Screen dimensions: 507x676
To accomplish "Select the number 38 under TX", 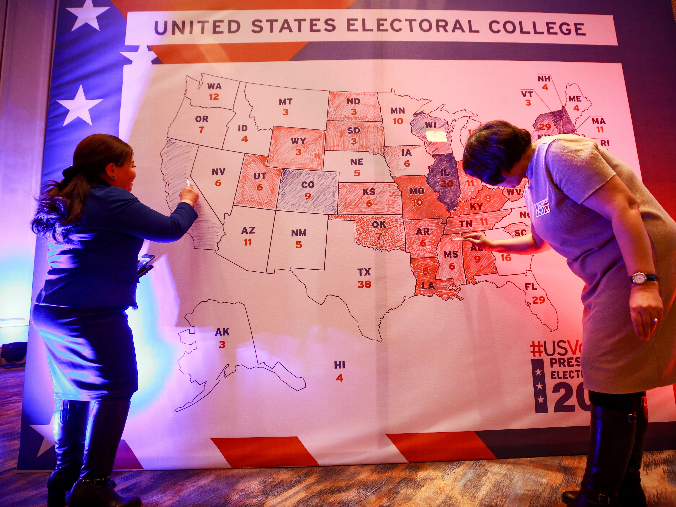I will tap(364, 284).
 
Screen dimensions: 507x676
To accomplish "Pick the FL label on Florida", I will tap(531, 287).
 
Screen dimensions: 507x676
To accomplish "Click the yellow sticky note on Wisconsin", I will tap(436, 135).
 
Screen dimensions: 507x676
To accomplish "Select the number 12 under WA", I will tap(214, 97).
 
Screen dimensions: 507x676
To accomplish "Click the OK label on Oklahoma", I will tap(379, 225).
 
